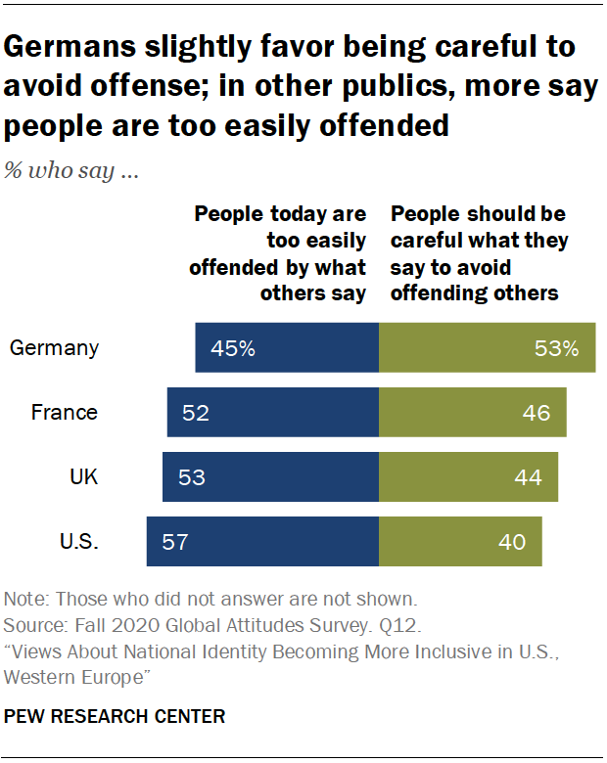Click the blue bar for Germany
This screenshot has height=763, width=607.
pyautogui.click(x=287, y=348)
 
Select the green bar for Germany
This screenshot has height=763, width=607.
pyautogui.click(x=487, y=348)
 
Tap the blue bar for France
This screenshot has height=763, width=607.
pyautogui.click(x=272, y=412)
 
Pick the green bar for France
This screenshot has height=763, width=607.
pyautogui.click(x=472, y=412)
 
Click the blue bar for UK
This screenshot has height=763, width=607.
pyautogui.click(x=270, y=477)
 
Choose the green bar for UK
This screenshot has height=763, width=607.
pyautogui.click(x=468, y=477)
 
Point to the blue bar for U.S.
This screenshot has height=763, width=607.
pyautogui.click(x=262, y=541)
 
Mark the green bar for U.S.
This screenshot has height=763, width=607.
pyautogui.click(x=460, y=541)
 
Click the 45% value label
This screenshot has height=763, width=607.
pyautogui.click(x=232, y=348)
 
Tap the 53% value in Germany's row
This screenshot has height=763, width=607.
pyautogui.click(x=557, y=348)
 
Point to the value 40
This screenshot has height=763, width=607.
pyautogui.click(x=512, y=541)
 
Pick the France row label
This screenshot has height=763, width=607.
pyautogui.click(x=65, y=412)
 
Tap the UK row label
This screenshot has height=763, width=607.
pyautogui.click(x=83, y=477)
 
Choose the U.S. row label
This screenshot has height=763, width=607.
pyautogui.click(x=78, y=541)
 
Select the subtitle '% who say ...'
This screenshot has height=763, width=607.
pyautogui.click(x=70, y=173)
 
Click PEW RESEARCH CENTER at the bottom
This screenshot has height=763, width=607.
pyautogui.click(x=115, y=717)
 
